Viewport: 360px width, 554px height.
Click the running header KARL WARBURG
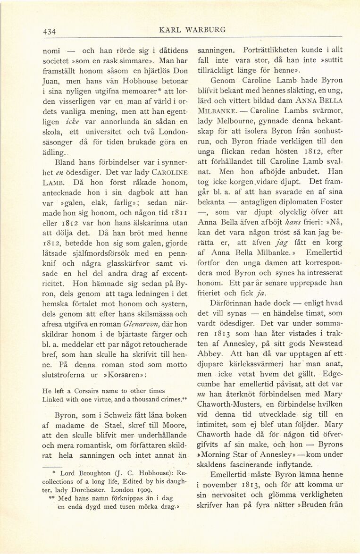[x=193, y=30]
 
